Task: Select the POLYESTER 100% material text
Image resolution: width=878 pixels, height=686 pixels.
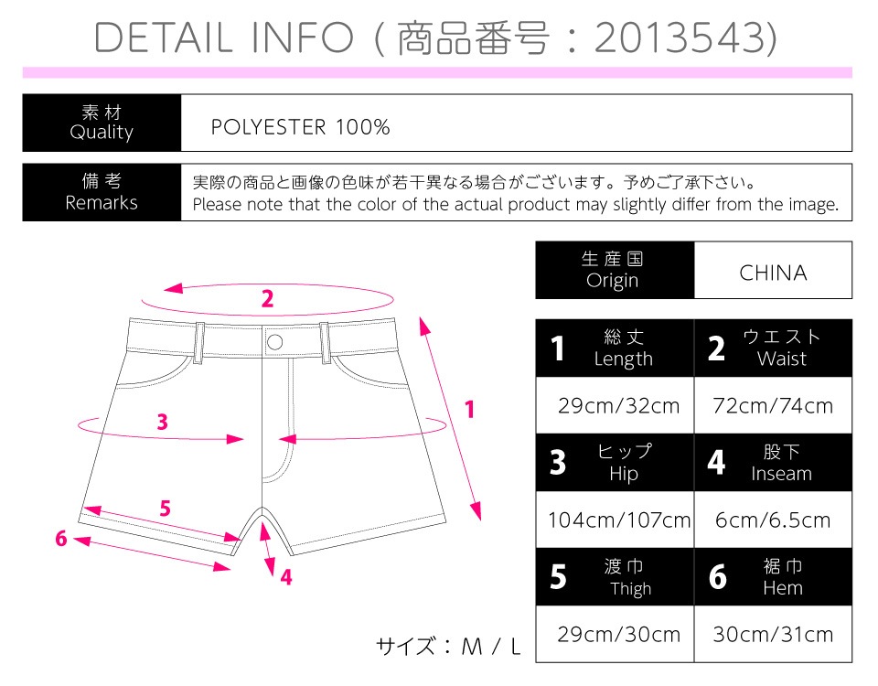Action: pyautogui.click(x=300, y=127)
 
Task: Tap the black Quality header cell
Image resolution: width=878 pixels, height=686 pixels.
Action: pyautogui.click(x=102, y=123)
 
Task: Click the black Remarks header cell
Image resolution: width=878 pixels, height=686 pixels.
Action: pyautogui.click(x=102, y=192)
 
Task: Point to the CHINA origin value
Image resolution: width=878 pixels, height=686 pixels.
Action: pyautogui.click(x=773, y=273)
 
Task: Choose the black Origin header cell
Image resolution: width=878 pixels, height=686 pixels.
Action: pyautogui.click(x=615, y=270)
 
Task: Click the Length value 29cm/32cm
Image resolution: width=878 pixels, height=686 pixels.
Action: pyautogui.click(x=619, y=405)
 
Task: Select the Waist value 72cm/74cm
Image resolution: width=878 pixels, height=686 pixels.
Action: pyautogui.click(x=773, y=405)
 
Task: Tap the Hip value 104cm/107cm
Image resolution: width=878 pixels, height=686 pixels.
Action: pyautogui.click(x=619, y=520)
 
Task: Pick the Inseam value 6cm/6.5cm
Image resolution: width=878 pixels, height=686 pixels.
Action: pyautogui.click(x=773, y=520)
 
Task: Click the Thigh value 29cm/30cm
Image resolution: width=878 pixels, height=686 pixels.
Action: pyautogui.click(x=619, y=634)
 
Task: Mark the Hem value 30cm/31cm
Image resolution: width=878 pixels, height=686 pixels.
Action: pyautogui.click(x=773, y=634)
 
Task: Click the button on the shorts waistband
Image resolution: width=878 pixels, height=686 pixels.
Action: pyautogui.click(x=275, y=341)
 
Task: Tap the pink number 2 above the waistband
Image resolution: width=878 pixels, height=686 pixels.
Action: pyautogui.click(x=268, y=299)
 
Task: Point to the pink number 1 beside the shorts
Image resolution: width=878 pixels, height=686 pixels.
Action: pyautogui.click(x=470, y=410)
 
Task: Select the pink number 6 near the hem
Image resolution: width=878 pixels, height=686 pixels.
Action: pyautogui.click(x=61, y=538)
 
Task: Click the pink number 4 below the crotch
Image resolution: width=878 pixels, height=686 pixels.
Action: pyautogui.click(x=286, y=577)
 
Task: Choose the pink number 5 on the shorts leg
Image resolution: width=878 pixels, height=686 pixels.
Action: pyautogui.click(x=165, y=508)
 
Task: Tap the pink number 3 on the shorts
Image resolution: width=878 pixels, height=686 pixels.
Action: pyautogui.click(x=163, y=422)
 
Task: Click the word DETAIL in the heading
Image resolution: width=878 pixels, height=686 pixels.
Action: pyautogui.click(x=163, y=38)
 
